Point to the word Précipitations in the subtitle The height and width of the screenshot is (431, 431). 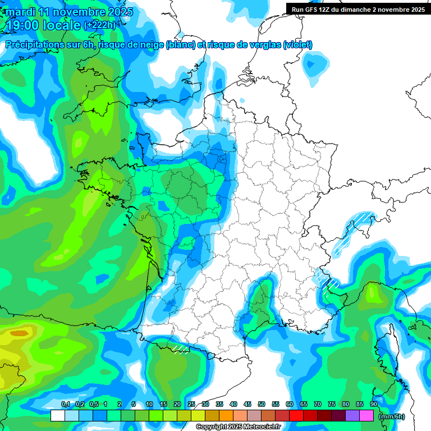(35, 45)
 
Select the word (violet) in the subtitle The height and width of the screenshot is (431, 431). (297, 45)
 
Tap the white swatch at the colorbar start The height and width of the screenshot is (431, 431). (58, 415)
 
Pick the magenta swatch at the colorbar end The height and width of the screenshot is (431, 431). (366, 415)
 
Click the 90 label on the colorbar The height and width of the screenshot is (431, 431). (374, 405)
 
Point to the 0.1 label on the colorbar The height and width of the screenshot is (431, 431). (65, 405)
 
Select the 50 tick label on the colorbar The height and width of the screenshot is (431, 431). (262, 405)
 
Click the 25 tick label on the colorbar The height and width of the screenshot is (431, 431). (191, 405)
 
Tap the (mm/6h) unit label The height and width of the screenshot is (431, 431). (392, 416)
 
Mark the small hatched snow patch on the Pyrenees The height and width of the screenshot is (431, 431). (181, 349)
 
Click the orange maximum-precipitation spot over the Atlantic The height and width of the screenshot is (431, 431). (20, 333)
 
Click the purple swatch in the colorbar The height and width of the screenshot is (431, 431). (352, 415)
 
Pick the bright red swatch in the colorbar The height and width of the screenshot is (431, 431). (296, 415)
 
